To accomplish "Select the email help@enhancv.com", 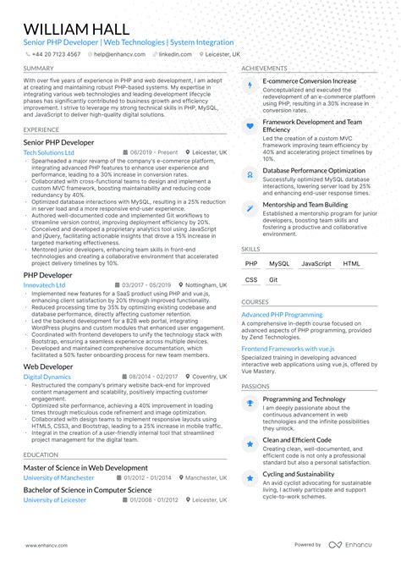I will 118,53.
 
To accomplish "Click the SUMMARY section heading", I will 39,69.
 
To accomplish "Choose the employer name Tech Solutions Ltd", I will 49,152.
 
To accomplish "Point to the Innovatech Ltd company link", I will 45,285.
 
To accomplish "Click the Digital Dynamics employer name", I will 47,377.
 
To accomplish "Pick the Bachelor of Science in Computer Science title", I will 88,490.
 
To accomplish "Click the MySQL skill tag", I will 279,264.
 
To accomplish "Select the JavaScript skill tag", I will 316,264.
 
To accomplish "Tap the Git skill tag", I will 273,279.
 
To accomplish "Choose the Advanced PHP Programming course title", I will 282,315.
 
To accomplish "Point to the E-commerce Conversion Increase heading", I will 310,81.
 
